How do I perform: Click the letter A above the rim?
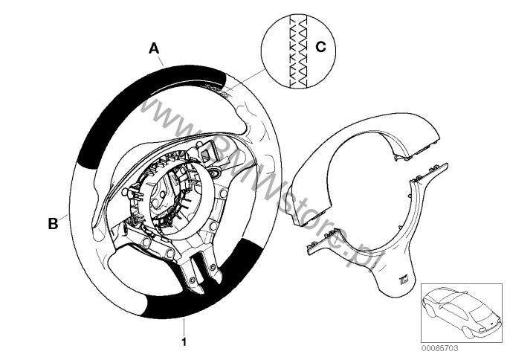(x=154, y=48)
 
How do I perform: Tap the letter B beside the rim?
(x=53, y=224)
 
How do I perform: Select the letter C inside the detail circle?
(x=320, y=47)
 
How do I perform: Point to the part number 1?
(x=184, y=341)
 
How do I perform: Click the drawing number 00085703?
(x=439, y=348)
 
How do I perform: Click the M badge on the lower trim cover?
(x=405, y=279)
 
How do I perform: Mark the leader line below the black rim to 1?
(x=184, y=327)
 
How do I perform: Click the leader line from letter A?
(x=161, y=60)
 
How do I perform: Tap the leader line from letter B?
(x=65, y=217)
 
